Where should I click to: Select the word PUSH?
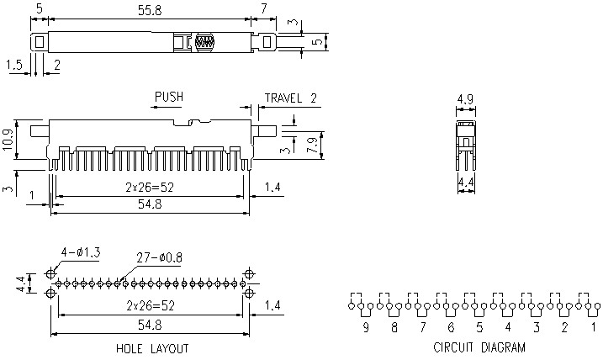pyautogui.click(x=168, y=98)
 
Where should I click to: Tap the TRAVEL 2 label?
pyautogui.click(x=291, y=98)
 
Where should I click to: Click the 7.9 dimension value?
pyautogui.click(x=312, y=145)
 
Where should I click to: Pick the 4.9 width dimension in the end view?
pyautogui.click(x=464, y=99)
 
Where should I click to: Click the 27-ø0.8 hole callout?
pyautogui.click(x=159, y=258)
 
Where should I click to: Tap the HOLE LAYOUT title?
pyautogui.click(x=151, y=348)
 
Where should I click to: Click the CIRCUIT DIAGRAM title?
pyautogui.click(x=479, y=347)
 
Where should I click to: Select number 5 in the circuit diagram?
pyautogui.click(x=479, y=327)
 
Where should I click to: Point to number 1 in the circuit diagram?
pyautogui.click(x=593, y=327)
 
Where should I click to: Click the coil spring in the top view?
pyautogui.click(x=204, y=41)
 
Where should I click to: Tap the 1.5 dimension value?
pyautogui.click(x=13, y=64)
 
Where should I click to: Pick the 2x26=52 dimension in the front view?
pyautogui.click(x=150, y=187)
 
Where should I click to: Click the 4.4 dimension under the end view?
pyautogui.click(x=464, y=180)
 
